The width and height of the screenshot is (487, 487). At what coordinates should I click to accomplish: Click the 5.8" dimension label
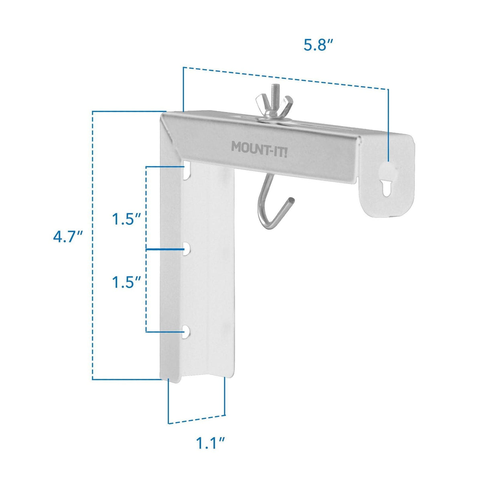(x=319, y=45)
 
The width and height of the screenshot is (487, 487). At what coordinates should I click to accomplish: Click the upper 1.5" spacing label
(x=126, y=219)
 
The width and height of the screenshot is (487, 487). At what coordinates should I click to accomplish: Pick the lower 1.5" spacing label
(x=126, y=282)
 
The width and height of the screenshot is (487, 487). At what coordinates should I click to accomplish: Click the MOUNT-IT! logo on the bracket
(x=259, y=147)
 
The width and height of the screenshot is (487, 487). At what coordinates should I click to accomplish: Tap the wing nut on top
(x=275, y=107)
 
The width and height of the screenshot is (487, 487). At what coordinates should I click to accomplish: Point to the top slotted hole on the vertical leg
(x=187, y=172)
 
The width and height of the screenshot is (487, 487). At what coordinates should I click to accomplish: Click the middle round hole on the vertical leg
(x=187, y=249)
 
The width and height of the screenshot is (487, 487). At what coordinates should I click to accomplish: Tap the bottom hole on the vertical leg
(x=186, y=332)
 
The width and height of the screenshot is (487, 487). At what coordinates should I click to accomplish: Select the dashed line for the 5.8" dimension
(x=285, y=78)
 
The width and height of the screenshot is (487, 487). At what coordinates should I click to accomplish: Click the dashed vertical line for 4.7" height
(x=93, y=245)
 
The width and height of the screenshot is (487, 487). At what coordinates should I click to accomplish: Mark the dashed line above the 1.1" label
(x=197, y=419)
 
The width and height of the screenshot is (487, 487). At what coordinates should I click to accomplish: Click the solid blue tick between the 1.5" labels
(x=164, y=249)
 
